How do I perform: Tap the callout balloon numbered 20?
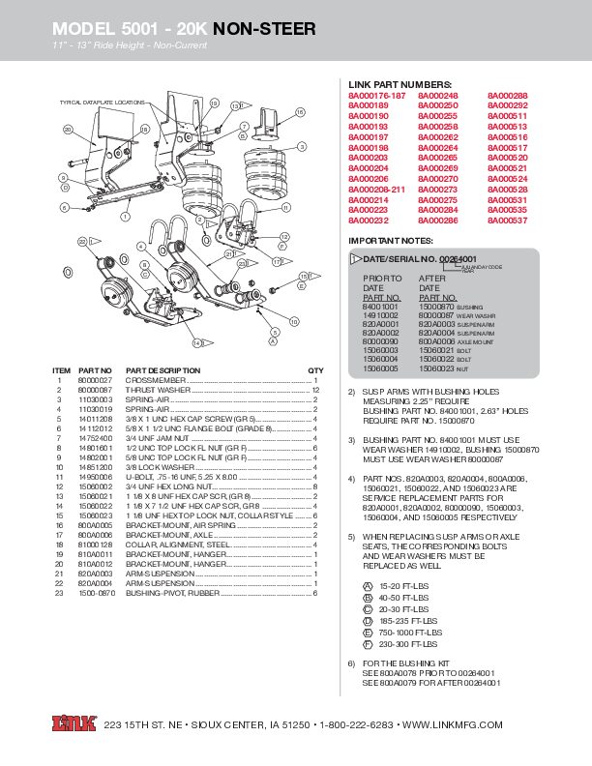(x=68, y=130)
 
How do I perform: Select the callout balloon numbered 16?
(x=300, y=113)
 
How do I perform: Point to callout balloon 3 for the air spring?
(x=302, y=146)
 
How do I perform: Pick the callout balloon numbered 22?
(x=83, y=240)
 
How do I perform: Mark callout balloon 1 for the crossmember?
(x=125, y=219)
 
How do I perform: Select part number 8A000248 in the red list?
(x=437, y=95)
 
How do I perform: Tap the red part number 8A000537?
(x=507, y=221)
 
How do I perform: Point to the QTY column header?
(x=315, y=370)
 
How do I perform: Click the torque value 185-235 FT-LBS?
(x=404, y=622)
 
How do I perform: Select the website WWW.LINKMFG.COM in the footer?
(x=453, y=725)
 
